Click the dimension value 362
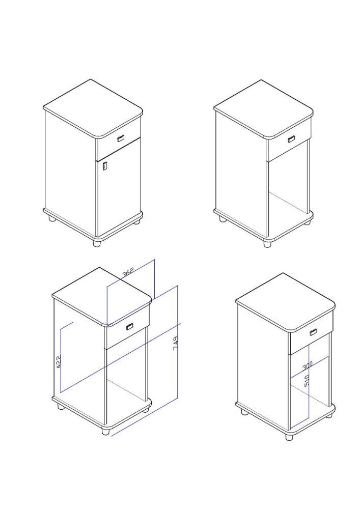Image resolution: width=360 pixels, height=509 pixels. click(128, 272)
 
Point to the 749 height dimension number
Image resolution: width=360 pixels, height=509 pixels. click(176, 343)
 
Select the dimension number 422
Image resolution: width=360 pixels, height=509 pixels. click(59, 361)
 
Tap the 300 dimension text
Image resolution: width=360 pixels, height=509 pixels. click(308, 365)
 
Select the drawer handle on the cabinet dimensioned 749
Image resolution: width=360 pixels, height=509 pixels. click(129, 327)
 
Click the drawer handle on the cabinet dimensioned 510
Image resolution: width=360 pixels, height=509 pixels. click(313, 332)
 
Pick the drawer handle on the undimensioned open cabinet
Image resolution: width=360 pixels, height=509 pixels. click(291, 139)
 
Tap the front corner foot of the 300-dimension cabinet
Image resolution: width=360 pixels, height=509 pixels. click(289, 437)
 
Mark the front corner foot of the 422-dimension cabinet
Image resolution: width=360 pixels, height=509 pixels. click(105, 432)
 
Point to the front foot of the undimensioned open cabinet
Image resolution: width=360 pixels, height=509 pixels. click(267, 244)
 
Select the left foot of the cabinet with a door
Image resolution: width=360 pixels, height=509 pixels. click(51, 218)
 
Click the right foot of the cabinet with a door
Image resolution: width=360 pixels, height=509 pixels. click(137, 222)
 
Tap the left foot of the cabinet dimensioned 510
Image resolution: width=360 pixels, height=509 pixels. click(244, 412)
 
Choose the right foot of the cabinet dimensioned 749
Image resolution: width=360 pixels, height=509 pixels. click(146, 410)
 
